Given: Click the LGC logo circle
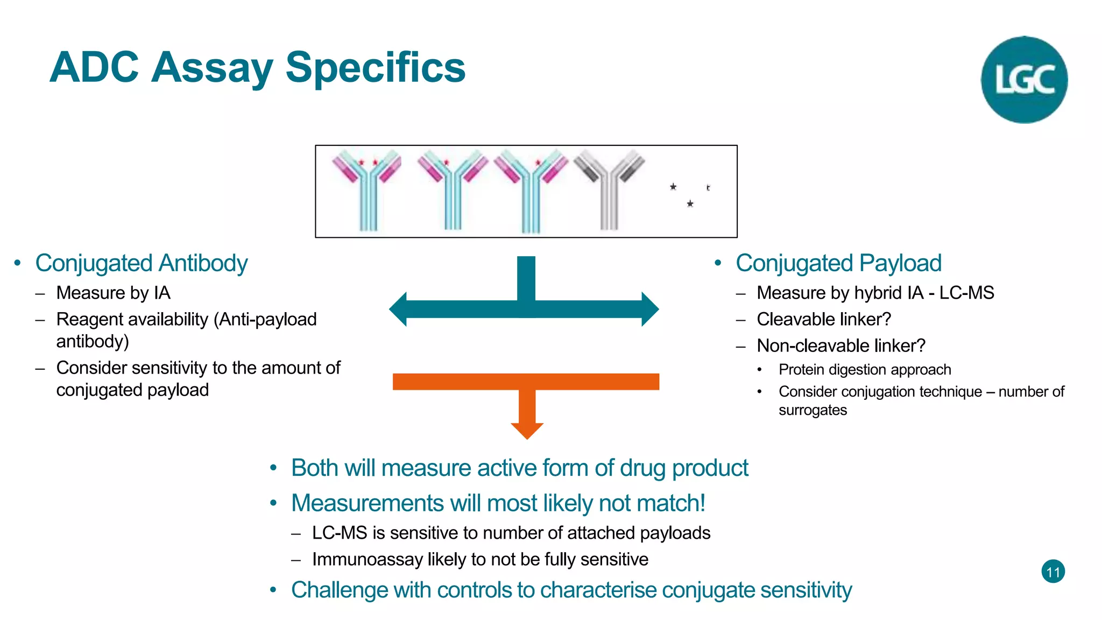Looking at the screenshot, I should pos(1024,80).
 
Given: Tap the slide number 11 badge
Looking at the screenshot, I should pos(1053,572).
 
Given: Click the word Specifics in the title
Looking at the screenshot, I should pos(375,68).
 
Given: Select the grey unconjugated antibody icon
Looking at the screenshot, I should pos(609,188).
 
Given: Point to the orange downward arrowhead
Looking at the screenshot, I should pos(527,430).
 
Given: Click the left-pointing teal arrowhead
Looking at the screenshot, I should pos(399,309).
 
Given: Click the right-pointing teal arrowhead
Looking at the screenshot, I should pos(649,309).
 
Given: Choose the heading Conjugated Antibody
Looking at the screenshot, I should pos(141,263).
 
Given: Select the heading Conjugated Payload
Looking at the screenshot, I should pos(838,263).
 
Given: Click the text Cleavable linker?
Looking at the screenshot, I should pos(824,319).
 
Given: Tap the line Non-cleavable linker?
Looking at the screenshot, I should pos(841,346).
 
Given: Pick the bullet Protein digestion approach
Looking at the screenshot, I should pos(865,370).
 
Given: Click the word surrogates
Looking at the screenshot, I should pos(813,410).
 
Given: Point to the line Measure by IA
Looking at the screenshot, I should pos(113,293).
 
